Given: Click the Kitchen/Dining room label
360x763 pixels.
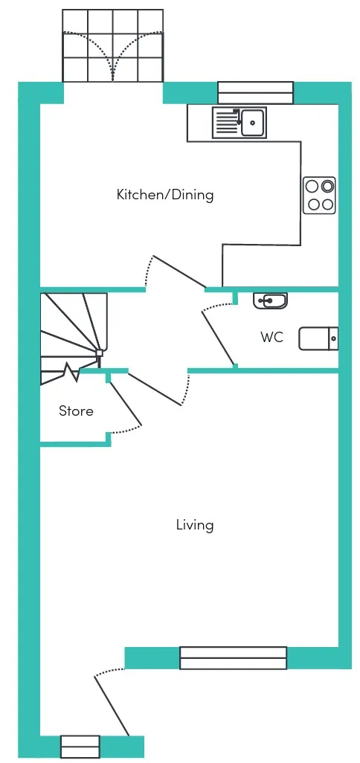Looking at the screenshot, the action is click(x=165, y=195).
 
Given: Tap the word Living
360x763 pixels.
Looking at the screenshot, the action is click(x=195, y=526).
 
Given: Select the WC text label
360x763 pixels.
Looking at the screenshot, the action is click(x=272, y=337).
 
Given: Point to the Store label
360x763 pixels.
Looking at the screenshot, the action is click(x=76, y=411).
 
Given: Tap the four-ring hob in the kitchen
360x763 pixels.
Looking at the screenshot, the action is click(x=320, y=195).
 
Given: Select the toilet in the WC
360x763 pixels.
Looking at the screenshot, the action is click(x=318, y=338).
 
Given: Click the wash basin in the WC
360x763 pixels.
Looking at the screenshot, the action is click(x=270, y=300).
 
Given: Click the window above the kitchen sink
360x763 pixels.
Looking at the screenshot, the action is click(x=255, y=92).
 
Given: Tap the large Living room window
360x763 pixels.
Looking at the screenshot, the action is click(x=233, y=658).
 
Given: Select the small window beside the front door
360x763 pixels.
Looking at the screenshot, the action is click(x=80, y=747).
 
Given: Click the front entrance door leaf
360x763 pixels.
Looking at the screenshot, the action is click(x=112, y=705).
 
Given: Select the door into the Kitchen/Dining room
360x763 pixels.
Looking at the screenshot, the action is click(x=179, y=271).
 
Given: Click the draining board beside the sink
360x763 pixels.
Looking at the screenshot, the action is click(x=225, y=122).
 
